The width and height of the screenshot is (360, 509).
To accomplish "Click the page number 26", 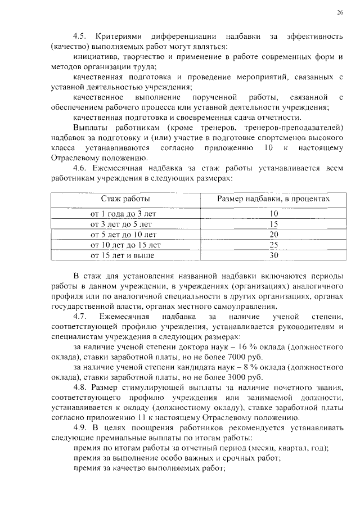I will [340, 12].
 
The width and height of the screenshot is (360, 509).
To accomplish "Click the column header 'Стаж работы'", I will [125, 199].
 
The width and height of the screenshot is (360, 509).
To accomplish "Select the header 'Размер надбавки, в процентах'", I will [273, 199].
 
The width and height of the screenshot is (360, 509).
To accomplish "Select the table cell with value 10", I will [274, 214].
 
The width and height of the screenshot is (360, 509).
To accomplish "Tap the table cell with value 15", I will [274, 224].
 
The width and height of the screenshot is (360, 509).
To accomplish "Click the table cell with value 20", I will [274, 235].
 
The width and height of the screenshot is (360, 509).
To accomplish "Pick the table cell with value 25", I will [274, 245].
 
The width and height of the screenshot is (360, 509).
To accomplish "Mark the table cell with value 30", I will [274, 255].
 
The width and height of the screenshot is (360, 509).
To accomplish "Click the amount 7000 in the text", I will [232, 357].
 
